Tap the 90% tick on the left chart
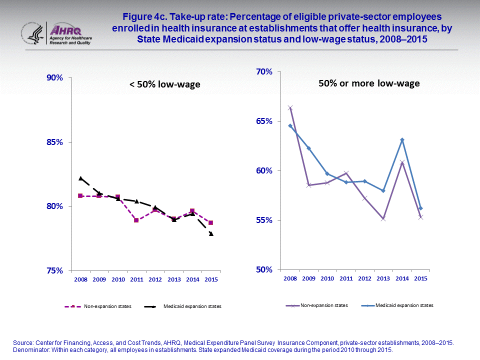54,78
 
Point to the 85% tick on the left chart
54,142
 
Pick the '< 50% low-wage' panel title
164,84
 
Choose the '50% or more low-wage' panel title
369,83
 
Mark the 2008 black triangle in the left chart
80,178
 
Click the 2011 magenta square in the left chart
136,220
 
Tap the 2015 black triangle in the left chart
211,233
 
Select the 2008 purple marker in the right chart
290,108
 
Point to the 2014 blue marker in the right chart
402,140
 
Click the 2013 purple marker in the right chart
383,218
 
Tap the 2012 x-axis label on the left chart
155,279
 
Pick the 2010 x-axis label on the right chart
327,278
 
